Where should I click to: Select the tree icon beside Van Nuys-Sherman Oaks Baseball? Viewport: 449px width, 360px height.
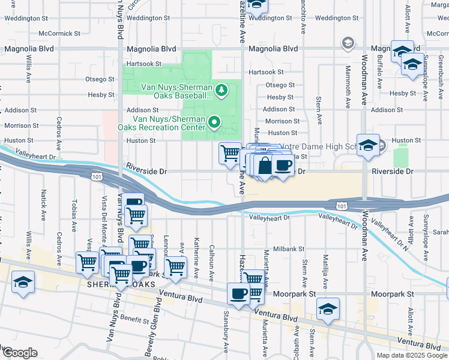[x=221, y=90]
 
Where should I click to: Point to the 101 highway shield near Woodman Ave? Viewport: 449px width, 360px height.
[x=341, y=206]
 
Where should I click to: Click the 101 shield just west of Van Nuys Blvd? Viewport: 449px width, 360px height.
[x=97, y=176]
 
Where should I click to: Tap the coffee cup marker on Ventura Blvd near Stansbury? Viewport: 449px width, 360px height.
[x=238, y=294]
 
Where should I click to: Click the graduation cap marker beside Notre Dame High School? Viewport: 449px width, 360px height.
[x=368, y=145]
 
